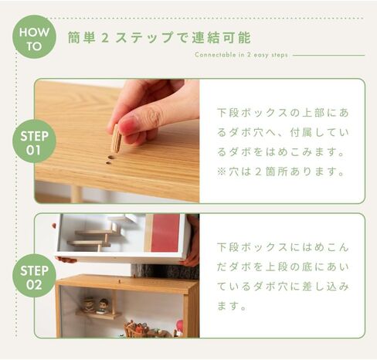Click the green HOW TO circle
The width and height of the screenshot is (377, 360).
(34, 37)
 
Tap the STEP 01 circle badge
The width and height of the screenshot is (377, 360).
(34, 141)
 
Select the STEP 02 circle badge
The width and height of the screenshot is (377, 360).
(34, 276)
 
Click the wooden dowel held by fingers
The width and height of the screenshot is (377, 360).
(116, 139)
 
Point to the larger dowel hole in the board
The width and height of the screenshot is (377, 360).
(111, 157)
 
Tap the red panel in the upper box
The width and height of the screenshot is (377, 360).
(165, 233)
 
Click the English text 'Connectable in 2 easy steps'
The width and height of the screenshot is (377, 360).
(241, 55)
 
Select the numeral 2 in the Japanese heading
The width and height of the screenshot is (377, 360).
(105, 38)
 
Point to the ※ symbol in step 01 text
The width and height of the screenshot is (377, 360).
(222, 172)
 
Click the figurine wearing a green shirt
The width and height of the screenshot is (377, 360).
(103, 306)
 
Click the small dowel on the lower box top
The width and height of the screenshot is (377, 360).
(119, 281)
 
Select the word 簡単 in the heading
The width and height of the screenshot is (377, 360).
(82, 38)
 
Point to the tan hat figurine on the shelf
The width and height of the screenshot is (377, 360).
(89, 304)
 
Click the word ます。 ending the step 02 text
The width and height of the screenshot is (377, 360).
(231, 307)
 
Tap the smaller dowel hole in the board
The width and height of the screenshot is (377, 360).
(108, 163)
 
